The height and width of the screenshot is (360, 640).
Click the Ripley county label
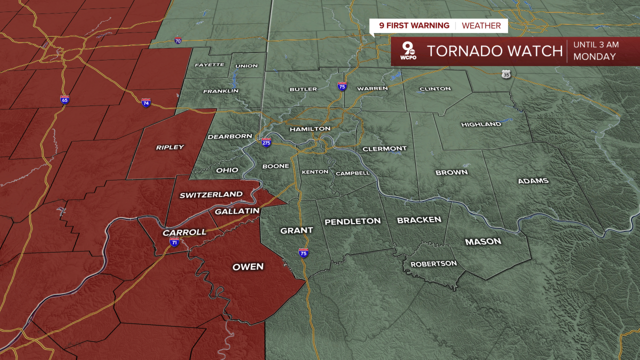(x=170, y=147)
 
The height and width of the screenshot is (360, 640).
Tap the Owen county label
(x=248, y=266)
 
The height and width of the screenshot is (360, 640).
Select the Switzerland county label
(x=211, y=194)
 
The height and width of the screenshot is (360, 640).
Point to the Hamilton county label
(x=310, y=128)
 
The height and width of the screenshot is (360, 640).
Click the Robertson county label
(x=433, y=263)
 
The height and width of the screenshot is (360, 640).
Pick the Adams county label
(x=533, y=180)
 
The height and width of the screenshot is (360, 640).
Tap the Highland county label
(x=481, y=124)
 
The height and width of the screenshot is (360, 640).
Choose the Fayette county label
(x=209, y=65)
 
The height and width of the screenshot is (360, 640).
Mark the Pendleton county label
(x=352, y=221)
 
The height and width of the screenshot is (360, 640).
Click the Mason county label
(x=483, y=241)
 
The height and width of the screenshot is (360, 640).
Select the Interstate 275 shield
(x=266, y=142)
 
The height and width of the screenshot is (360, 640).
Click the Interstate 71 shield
(x=174, y=242)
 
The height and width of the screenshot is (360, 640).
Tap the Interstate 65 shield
(x=64, y=99)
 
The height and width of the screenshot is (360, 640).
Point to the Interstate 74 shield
(x=146, y=102)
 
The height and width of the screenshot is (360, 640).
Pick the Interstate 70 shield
(x=177, y=40)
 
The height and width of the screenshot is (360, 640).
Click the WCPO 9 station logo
(x=408, y=51)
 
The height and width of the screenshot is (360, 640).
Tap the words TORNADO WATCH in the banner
(x=494, y=51)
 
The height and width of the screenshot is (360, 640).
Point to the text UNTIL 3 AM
(x=596, y=44)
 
